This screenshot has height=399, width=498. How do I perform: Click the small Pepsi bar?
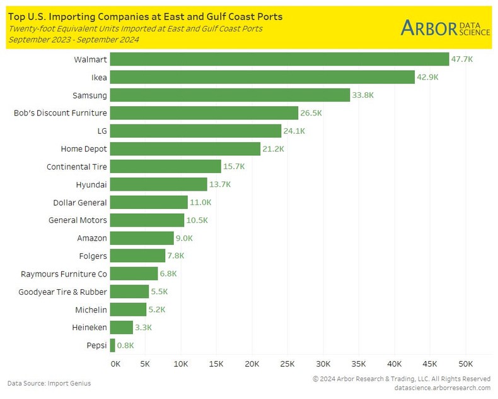(113, 345)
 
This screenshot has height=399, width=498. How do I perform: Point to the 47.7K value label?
(461, 59)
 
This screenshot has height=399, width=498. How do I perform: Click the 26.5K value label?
(311, 113)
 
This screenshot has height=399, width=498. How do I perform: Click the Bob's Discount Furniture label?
(61, 113)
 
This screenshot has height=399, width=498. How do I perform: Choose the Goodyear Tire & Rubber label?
(62, 292)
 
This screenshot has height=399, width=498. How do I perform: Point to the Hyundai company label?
(91, 184)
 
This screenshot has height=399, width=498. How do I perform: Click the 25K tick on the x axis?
(288, 364)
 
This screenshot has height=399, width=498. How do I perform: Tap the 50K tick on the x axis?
(466, 364)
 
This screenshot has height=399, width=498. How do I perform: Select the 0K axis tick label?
(115, 364)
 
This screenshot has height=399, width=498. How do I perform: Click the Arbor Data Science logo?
(445, 28)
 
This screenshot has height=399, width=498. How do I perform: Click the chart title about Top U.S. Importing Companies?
(145, 16)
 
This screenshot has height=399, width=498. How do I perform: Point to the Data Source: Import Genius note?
(49, 383)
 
